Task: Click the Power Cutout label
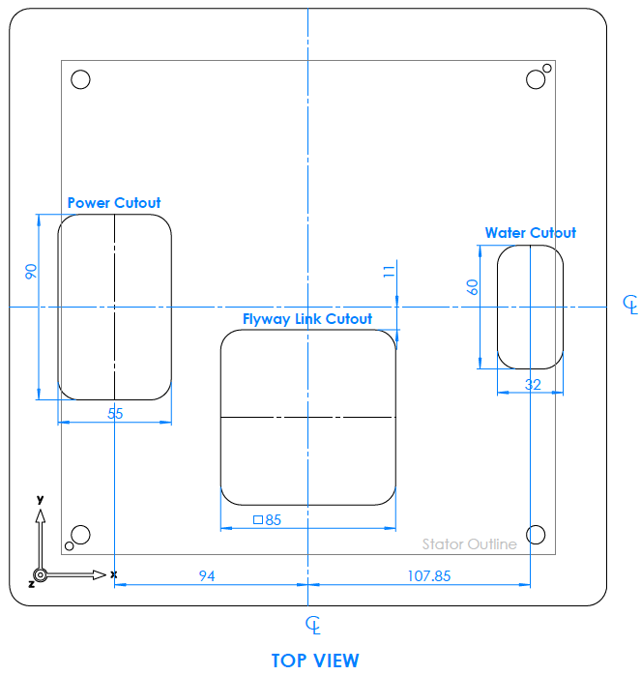(114, 203)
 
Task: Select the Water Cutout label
(530, 233)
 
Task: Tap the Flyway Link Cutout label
(306, 318)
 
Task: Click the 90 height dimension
(30, 272)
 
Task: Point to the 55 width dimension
(115, 413)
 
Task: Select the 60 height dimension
(472, 286)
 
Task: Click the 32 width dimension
(533, 384)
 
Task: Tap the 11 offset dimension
(389, 272)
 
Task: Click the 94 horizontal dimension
(207, 576)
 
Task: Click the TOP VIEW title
(315, 660)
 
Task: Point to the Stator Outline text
(469, 544)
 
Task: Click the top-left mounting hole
(80, 79)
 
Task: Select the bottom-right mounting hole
(536, 534)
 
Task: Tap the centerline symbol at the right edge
(629, 306)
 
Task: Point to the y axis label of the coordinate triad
(40, 499)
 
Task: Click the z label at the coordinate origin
(31, 584)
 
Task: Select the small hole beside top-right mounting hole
(547, 69)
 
